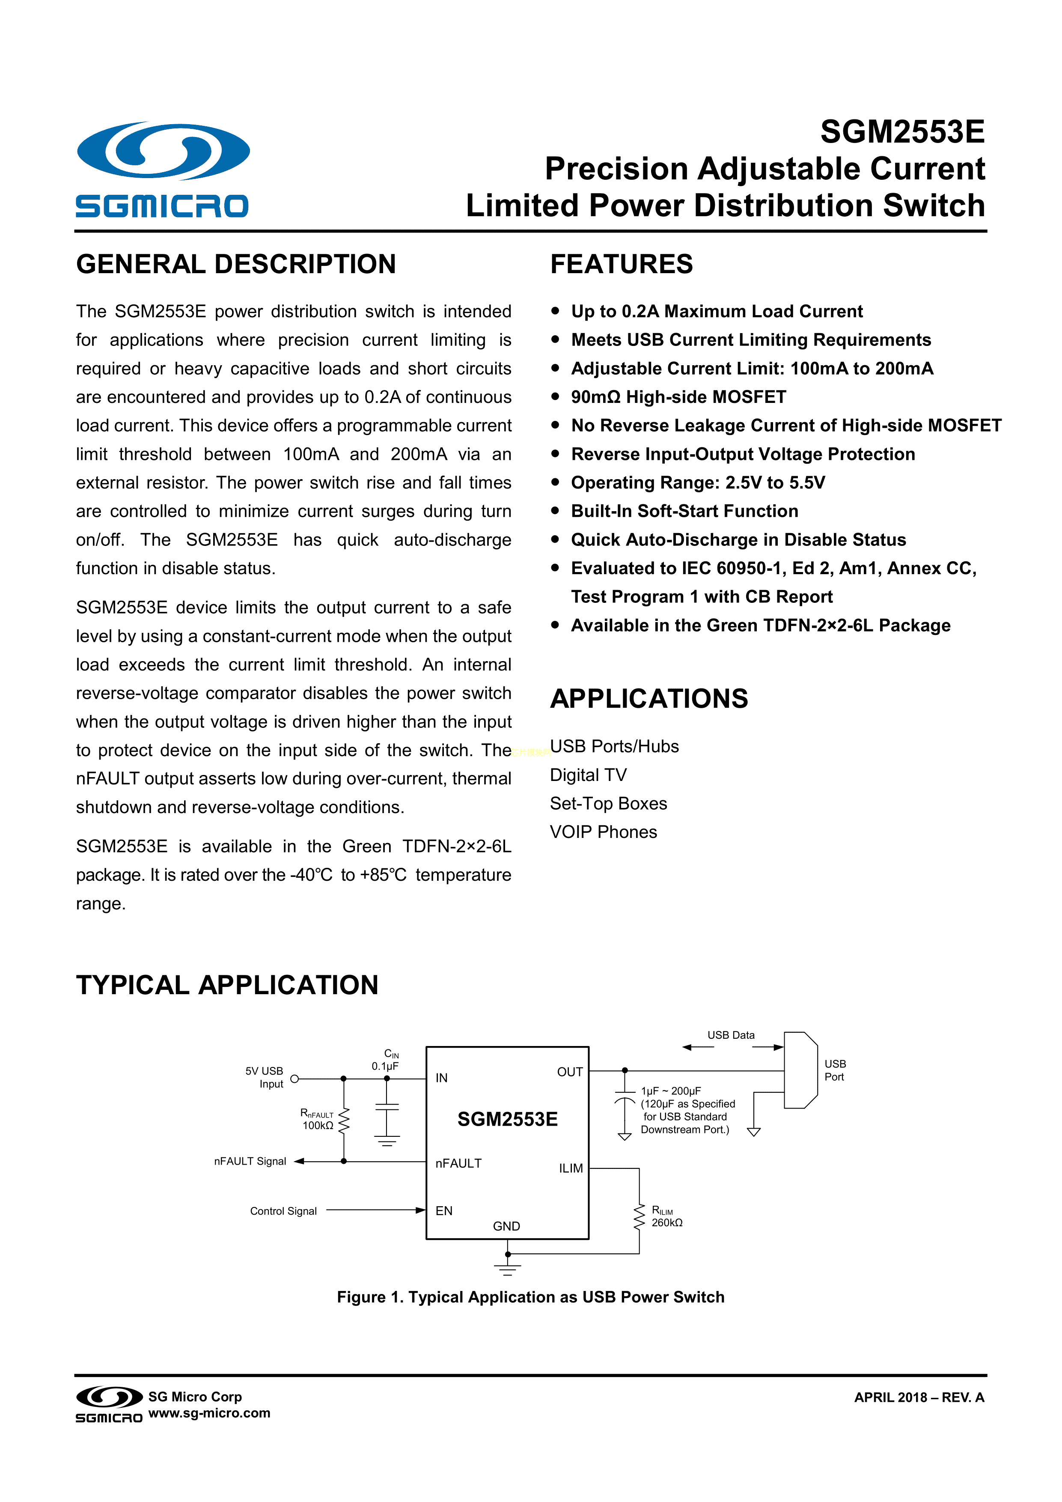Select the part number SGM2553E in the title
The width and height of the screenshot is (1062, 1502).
coord(902,132)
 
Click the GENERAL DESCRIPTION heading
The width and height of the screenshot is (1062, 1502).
coord(236,264)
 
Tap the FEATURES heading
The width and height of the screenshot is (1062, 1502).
coord(621,264)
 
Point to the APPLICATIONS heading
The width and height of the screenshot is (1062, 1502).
coord(649,699)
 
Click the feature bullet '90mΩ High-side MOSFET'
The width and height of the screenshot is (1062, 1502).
coord(678,397)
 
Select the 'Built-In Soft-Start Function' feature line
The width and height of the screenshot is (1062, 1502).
coord(684,511)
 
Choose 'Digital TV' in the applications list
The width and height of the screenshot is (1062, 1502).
coord(588,775)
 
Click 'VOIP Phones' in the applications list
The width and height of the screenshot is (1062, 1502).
coord(603,832)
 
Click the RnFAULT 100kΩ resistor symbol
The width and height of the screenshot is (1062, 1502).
coord(344,1120)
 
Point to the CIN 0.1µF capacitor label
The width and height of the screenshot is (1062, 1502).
coord(386,1060)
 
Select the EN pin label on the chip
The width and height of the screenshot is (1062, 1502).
coord(444,1211)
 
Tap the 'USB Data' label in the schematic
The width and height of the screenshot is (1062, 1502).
coord(730,1035)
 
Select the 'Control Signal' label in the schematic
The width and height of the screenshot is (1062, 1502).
coord(283,1211)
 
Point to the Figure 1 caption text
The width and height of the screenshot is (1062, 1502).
coord(530,1297)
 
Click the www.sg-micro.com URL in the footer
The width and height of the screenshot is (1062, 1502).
coord(209,1413)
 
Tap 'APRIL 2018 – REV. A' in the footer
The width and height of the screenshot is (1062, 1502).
coord(919,1398)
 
